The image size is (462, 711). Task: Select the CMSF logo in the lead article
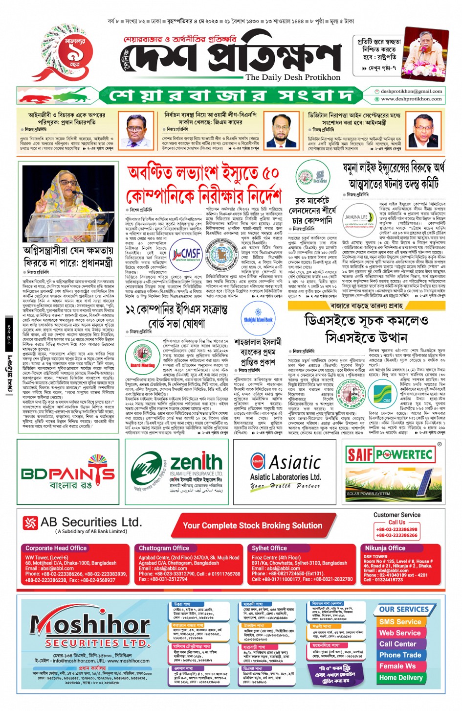coord(186,254)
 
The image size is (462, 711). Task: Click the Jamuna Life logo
coord(356,218)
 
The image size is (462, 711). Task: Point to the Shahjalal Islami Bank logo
coord(258,318)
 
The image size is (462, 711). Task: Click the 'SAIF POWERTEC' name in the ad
coord(390,455)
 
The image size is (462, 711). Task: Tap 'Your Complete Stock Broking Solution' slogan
coord(252,525)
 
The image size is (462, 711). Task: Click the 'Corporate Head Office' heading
coord(56,548)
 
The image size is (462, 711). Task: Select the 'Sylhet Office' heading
coord(269,548)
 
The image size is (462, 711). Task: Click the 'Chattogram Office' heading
coord(164,548)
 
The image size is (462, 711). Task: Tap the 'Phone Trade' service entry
coord(400,655)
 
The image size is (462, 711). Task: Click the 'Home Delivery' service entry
coord(401,678)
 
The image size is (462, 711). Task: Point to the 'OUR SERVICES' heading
coord(404,609)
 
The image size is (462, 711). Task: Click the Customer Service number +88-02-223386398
coord(396,529)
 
